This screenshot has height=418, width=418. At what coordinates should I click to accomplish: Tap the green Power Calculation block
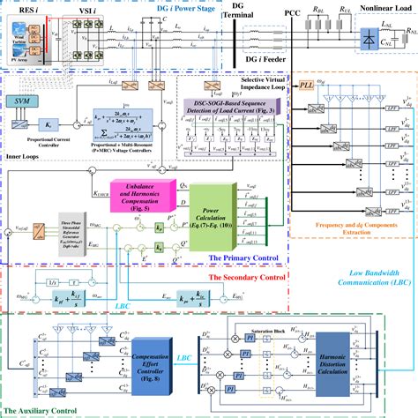pyautogui.click(x=211, y=205)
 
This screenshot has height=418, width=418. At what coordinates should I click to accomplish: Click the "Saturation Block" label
pyautogui.click(x=265, y=327)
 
